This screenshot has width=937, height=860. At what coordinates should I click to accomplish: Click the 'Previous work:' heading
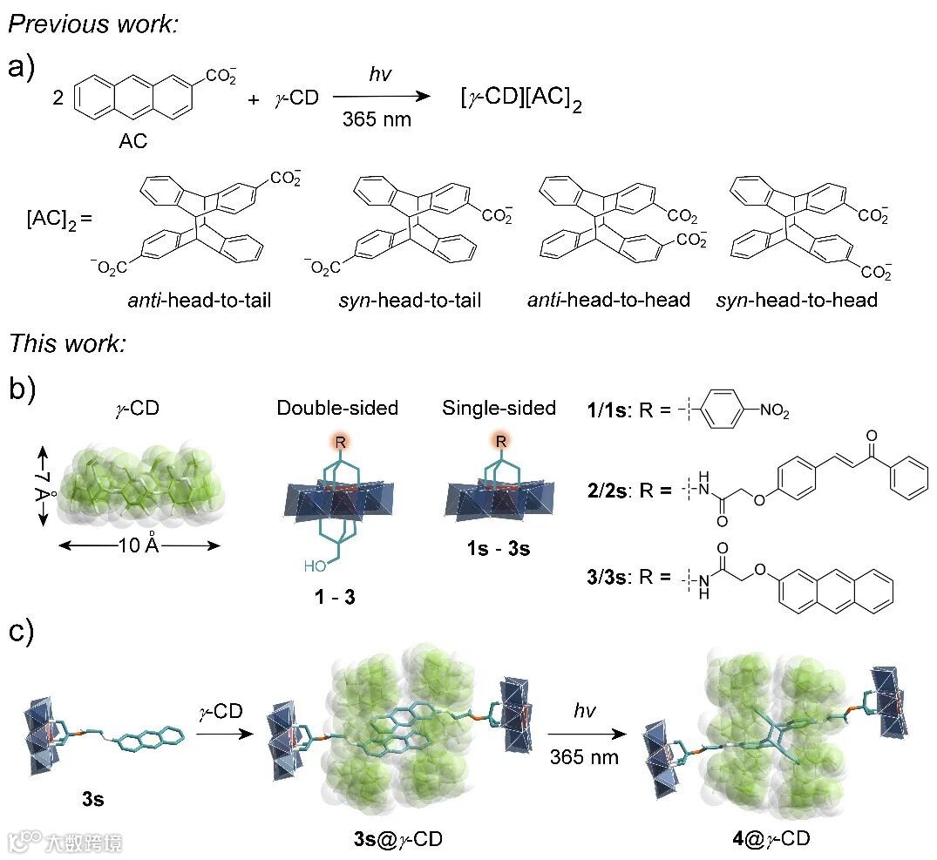92,24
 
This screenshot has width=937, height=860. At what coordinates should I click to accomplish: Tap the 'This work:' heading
68,342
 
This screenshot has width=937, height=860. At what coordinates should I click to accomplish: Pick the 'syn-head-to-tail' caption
411,301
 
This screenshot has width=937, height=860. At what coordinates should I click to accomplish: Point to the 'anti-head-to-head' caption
608,301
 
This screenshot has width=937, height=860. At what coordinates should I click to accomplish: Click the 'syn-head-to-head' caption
796,301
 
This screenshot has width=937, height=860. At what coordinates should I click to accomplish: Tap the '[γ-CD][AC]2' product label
520,101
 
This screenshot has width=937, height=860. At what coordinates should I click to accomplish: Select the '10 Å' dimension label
139,546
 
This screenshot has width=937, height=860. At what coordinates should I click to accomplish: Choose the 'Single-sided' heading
499,408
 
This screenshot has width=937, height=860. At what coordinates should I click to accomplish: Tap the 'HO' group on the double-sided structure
317,566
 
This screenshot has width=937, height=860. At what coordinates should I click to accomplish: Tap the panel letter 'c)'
21,631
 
